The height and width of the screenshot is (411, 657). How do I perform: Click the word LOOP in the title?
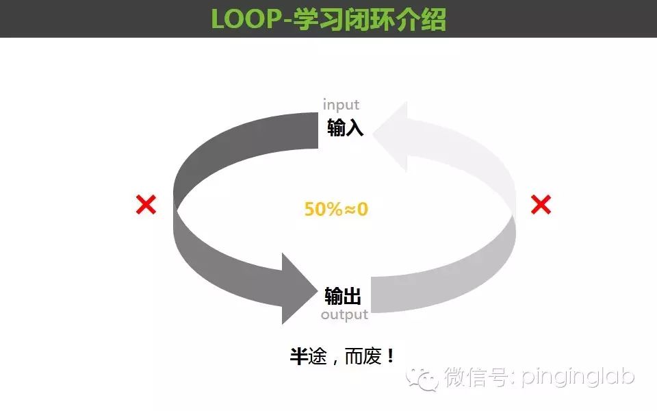[249, 19]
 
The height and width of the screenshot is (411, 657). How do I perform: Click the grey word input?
[341, 105]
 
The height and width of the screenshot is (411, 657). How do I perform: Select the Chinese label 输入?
[345, 127]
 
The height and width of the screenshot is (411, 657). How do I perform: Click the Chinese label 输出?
[343, 296]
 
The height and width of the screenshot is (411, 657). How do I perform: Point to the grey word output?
[344, 314]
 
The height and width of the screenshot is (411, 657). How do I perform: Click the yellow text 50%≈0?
[336, 209]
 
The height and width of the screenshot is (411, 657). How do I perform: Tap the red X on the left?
[146, 204]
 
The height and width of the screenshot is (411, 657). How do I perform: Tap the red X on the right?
[541, 204]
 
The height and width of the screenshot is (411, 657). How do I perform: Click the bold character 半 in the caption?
[298, 356]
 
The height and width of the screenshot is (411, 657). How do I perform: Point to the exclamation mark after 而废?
[391, 356]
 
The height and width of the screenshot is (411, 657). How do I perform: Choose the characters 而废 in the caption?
[365, 356]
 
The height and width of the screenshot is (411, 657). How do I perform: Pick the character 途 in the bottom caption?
[318, 356]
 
